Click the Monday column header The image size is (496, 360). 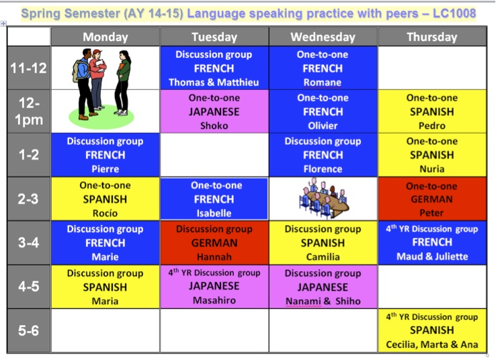104,37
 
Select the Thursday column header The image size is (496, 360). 431,37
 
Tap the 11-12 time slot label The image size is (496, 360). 28,68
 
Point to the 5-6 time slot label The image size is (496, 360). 28,330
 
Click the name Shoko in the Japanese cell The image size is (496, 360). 214,126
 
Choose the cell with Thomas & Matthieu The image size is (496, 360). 214,68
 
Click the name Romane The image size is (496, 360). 323,83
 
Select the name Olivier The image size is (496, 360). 323,126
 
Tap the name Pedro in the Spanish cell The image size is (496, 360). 431,126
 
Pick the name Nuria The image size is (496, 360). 431,169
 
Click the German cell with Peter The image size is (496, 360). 431,199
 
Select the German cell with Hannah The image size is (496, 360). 214,242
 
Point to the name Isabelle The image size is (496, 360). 214,213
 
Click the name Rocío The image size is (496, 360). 104,213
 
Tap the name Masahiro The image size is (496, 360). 214,300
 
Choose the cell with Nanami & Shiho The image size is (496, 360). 323,287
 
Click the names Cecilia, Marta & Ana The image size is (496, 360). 431,345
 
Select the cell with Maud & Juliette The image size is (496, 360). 431,242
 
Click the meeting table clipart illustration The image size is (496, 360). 323,198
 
